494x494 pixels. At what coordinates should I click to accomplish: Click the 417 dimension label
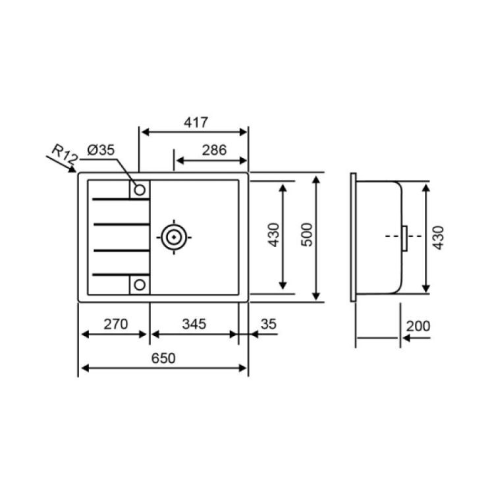click(196, 123)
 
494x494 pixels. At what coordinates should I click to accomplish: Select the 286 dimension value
click(214, 150)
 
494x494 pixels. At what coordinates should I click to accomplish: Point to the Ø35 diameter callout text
click(100, 150)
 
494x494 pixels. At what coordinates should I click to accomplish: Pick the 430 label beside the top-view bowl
click(274, 235)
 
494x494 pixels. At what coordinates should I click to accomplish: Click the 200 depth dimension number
click(418, 326)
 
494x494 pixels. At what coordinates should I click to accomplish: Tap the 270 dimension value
click(115, 323)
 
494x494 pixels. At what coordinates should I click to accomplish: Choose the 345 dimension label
click(194, 323)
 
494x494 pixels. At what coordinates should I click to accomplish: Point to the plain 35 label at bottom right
click(268, 323)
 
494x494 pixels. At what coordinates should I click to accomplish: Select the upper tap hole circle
click(139, 190)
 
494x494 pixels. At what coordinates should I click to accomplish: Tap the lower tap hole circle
click(139, 285)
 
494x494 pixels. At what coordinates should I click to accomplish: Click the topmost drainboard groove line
click(120, 199)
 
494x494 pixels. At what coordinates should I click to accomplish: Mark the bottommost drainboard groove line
click(120, 273)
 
